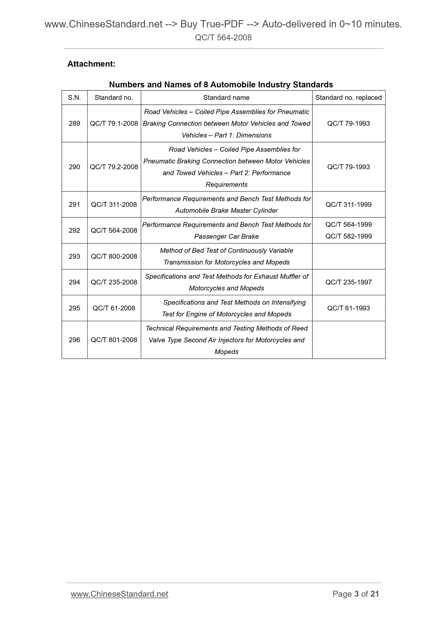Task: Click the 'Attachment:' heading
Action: click(x=91, y=64)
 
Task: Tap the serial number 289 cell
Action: click(x=74, y=124)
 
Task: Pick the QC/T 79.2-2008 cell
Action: click(x=114, y=167)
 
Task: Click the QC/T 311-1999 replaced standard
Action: click(x=348, y=205)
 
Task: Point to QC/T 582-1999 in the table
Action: click(x=348, y=236)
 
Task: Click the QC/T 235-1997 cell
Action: click(x=348, y=282)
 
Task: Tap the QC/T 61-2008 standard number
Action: click(x=114, y=308)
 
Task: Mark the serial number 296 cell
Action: click(x=74, y=340)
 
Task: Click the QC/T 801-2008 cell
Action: click(x=114, y=340)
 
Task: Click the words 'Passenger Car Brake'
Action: click(x=226, y=237)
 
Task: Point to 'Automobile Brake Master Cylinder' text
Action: click(x=226, y=211)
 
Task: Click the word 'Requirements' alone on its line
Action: click(x=226, y=185)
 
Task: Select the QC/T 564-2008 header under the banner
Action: click(x=223, y=38)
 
